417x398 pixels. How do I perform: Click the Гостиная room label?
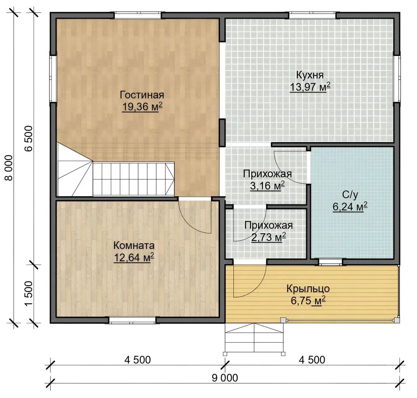pyautogui.click(x=142, y=95)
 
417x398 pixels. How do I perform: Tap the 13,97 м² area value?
pyautogui.click(x=310, y=87)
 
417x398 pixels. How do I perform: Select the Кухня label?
pyautogui.click(x=310, y=75)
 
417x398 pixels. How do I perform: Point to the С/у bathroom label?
pyautogui.click(x=350, y=195)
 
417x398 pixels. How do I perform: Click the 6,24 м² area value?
pyautogui.click(x=350, y=206)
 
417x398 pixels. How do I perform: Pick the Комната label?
pyautogui.click(x=134, y=245)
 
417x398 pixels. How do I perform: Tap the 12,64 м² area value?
pyautogui.click(x=134, y=257)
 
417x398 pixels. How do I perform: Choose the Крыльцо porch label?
pyautogui.click(x=308, y=289)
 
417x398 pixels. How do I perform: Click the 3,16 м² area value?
pyautogui.click(x=267, y=186)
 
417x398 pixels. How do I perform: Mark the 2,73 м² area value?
pyautogui.click(x=269, y=237)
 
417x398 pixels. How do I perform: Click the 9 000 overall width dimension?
pyautogui.click(x=225, y=378)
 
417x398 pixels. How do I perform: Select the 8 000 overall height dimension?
pyautogui.click(x=9, y=168)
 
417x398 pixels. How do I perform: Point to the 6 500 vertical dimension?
pyautogui.click(x=28, y=139)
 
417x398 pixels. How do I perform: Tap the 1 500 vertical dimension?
pyautogui.click(x=28, y=293)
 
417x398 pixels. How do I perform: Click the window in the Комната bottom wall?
pyautogui.click(x=133, y=320)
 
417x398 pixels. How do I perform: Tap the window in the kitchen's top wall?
pyautogui.click(x=312, y=15)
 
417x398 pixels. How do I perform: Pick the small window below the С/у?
pyautogui.click(x=330, y=262)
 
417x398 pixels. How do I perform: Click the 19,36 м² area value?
pyautogui.click(x=142, y=107)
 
